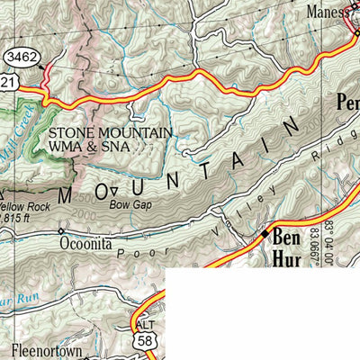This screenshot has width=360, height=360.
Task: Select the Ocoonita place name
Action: [x=88, y=242]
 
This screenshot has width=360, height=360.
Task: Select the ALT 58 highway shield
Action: [x=145, y=334]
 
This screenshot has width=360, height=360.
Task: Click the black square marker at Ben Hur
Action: [x=265, y=234]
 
